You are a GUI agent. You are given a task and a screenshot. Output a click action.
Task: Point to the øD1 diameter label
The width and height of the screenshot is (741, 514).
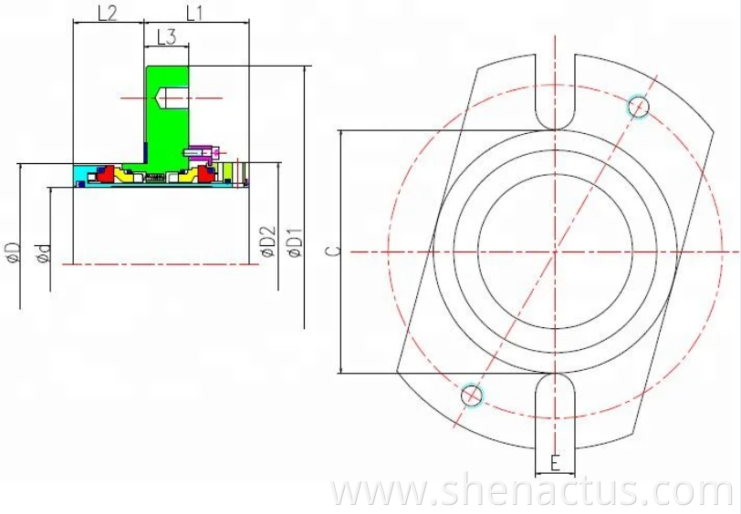[x=294, y=242]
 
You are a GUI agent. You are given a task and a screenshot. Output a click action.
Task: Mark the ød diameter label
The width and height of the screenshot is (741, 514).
[x=42, y=254]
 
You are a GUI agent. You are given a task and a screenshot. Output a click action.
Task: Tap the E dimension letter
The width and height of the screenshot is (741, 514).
[x=555, y=463]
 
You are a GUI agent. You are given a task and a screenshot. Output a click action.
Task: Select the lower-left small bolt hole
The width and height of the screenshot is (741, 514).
[x=471, y=395]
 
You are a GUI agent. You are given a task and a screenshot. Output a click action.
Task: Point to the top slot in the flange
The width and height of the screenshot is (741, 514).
[x=556, y=91]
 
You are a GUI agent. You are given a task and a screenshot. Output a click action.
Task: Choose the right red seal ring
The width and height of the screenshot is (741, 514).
[x=203, y=175]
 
